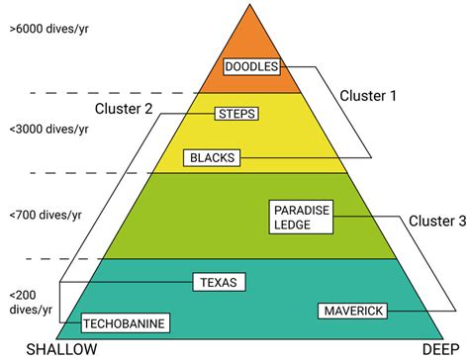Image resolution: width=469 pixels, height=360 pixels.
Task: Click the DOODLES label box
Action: point(252,67)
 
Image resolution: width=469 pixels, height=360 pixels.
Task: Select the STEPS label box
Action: point(235,114)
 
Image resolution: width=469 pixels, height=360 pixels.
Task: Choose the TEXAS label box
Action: point(218,282)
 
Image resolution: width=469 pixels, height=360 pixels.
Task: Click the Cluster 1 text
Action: point(368,97)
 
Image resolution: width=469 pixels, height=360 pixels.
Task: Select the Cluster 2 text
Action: point(124,107)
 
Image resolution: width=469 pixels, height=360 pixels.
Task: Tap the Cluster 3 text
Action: point(436,222)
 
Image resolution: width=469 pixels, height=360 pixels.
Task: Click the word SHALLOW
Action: point(61,350)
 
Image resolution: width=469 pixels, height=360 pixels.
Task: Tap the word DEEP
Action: point(440,350)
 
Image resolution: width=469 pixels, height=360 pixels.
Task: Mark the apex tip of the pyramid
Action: point(252,4)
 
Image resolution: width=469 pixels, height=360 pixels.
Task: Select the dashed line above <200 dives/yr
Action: point(49,259)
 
